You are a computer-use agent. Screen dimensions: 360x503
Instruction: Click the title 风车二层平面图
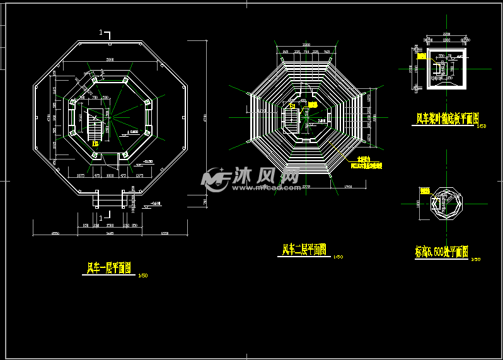(x=304, y=250)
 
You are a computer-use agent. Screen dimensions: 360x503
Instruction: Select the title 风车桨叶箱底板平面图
(x=448, y=118)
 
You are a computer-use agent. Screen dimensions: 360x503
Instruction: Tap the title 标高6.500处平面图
(x=441, y=253)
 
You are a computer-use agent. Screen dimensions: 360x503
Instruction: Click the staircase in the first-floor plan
(x=95, y=125)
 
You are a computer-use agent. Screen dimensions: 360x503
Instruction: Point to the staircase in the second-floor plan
(x=291, y=117)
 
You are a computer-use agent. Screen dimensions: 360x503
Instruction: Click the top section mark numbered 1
(x=104, y=33)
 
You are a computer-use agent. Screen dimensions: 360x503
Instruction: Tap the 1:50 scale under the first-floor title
(x=142, y=276)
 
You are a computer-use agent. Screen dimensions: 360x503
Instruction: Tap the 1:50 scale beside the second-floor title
(x=338, y=257)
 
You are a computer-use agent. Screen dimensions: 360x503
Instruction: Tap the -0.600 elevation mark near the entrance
(x=155, y=203)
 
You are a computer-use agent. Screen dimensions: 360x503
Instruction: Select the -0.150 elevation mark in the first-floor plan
(x=147, y=161)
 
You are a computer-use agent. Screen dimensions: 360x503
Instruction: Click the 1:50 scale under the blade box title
(x=482, y=126)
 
